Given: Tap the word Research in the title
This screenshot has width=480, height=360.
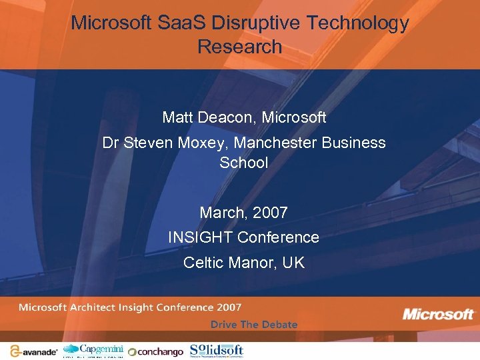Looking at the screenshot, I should click(240, 47).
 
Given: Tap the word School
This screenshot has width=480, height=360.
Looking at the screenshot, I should click(244, 162).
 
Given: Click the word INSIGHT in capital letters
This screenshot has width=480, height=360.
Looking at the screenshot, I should click(200, 237).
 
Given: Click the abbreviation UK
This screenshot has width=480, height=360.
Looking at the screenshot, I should click(293, 263).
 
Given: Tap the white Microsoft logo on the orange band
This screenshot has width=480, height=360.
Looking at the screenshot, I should click(438, 313).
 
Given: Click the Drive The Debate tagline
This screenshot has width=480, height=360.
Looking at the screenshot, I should click(254, 325).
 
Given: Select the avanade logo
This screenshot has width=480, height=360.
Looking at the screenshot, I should click(33, 351).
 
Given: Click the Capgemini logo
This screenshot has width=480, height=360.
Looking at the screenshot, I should click(93, 350).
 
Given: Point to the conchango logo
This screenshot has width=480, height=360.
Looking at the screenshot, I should click(155, 351).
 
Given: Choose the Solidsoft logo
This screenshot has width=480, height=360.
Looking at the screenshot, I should click(217, 350).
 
